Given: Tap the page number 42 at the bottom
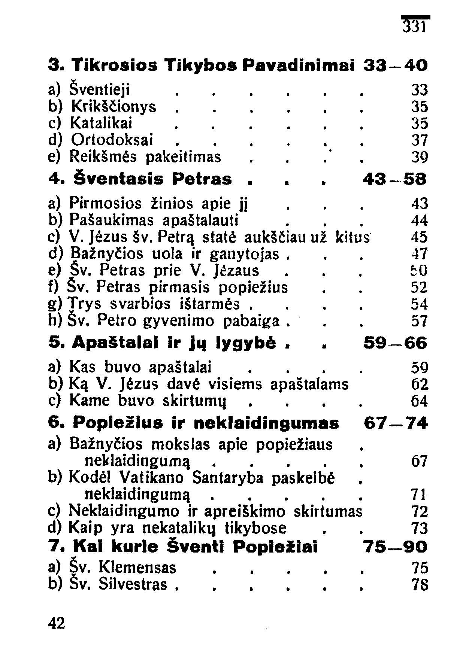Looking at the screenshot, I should coord(57,623).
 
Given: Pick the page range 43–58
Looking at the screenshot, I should coord(395,180).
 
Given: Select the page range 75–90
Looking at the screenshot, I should coord(395,547).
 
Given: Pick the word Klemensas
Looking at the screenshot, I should coord(137,568).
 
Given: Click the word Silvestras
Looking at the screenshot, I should coord(133,584).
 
